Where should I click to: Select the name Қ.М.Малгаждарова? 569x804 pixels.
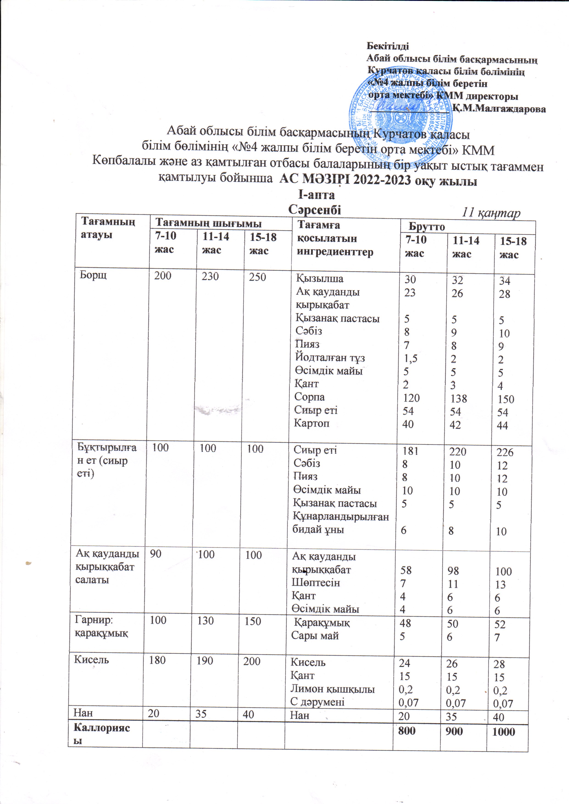pyautogui.click(x=499, y=109)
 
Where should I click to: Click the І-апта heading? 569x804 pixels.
pyautogui.click(x=316, y=195)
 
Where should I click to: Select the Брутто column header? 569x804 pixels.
pyautogui.click(x=427, y=227)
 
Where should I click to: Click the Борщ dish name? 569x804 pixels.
pyautogui.click(x=93, y=275)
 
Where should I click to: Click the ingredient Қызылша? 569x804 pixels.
pyautogui.click(x=320, y=279)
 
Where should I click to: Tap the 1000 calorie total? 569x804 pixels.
pyautogui.click(x=503, y=731)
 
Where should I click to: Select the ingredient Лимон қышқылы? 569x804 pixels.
pyautogui.click(x=332, y=689)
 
